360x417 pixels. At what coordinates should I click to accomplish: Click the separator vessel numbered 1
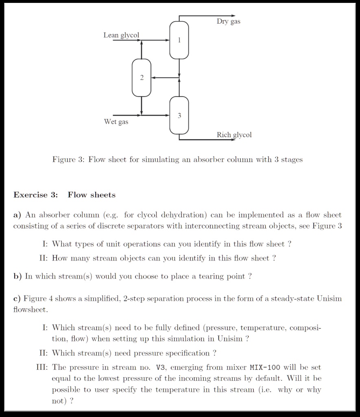179,40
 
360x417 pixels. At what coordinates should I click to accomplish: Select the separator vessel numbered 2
142,78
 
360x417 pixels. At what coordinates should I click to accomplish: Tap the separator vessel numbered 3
179,116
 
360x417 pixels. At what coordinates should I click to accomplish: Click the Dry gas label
228,22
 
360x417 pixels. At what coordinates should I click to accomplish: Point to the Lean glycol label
121,35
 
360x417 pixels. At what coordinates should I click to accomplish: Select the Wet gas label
116,122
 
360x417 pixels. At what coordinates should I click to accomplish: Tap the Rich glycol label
234,135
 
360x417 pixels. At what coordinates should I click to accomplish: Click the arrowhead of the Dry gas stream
232,16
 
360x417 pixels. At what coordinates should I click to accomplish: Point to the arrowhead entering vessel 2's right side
154,77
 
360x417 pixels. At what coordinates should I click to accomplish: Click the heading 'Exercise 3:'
36,195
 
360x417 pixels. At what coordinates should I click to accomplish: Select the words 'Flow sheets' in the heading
92,195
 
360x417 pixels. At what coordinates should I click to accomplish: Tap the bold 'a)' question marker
17,215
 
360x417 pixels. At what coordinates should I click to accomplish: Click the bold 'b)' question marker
17,276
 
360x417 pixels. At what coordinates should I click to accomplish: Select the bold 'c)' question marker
17,298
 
